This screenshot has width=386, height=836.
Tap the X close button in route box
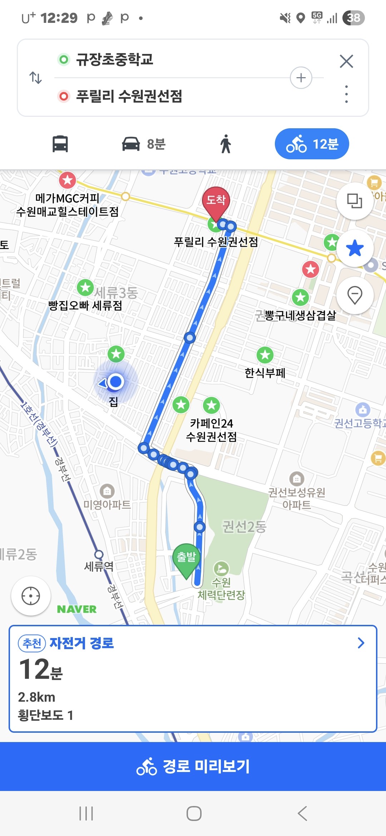click(x=346, y=61)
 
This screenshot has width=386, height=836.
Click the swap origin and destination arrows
click(x=35, y=78)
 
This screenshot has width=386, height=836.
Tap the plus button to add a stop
click(x=301, y=78)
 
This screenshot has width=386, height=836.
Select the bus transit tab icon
click(x=60, y=144)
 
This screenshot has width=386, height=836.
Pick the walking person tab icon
click(x=226, y=144)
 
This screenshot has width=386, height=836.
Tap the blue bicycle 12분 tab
click(x=312, y=144)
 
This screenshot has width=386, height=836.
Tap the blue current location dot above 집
click(x=115, y=382)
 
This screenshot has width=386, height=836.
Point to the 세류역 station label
click(x=99, y=566)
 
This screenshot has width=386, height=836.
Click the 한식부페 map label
click(x=265, y=373)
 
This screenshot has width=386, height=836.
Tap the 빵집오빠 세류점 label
click(x=85, y=305)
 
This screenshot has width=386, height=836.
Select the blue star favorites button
click(x=355, y=248)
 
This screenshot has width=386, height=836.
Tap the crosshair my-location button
click(x=31, y=596)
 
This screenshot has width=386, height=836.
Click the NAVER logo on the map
click(x=77, y=609)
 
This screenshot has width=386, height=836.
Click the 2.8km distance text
click(x=36, y=697)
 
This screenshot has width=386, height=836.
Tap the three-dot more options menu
click(x=346, y=94)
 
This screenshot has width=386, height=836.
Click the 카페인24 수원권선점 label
click(x=211, y=430)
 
